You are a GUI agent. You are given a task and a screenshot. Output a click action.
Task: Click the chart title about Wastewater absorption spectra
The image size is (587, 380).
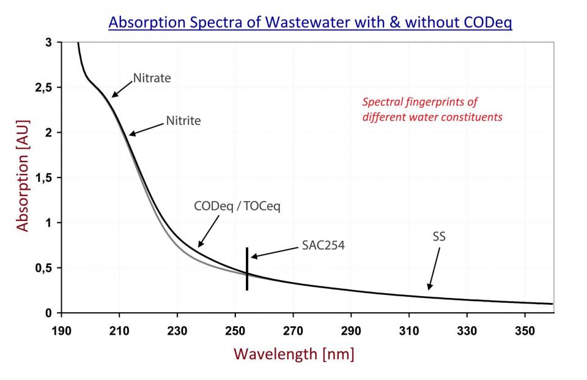click(310, 23)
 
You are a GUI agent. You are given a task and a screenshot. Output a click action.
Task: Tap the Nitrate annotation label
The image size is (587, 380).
click(152, 78)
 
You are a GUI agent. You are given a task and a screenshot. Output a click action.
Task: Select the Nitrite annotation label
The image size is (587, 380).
click(183, 121)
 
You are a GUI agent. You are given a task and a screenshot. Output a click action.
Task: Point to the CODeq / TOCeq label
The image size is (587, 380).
click(237, 207)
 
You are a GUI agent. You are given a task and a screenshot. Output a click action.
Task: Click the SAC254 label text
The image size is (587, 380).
click(323, 246)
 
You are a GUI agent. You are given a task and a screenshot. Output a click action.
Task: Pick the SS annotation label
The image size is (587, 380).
click(438, 236)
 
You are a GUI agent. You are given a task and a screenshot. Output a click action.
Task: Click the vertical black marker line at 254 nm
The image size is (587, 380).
click(247, 269)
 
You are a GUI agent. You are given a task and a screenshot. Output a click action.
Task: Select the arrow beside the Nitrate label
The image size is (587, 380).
click(122, 89)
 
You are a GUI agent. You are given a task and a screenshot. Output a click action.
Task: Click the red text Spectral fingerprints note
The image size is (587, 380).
click(432, 109)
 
